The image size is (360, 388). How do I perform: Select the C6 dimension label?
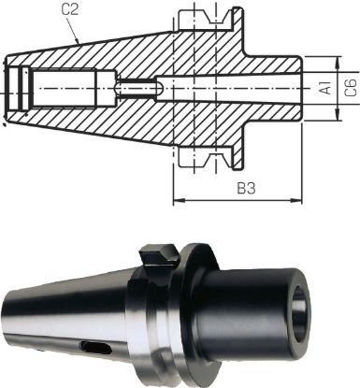pos(348,90)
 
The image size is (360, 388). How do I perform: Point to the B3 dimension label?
pos(246,190)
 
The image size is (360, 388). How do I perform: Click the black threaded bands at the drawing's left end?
pos(13,90)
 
